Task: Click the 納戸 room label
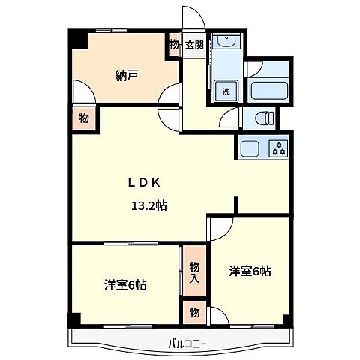tap(125, 75)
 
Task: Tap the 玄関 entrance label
tap(194, 44)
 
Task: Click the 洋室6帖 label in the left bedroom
tap(125, 284)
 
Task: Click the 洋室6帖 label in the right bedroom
tap(250, 270)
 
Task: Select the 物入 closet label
tap(194, 271)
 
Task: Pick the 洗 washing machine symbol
tap(223, 91)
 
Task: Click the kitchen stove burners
tap(279, 148)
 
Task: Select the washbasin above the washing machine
tap(223, 43)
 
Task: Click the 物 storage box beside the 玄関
tap(174, 44)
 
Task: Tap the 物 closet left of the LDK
tap(83, 118)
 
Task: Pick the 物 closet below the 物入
tap(194, 311)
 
